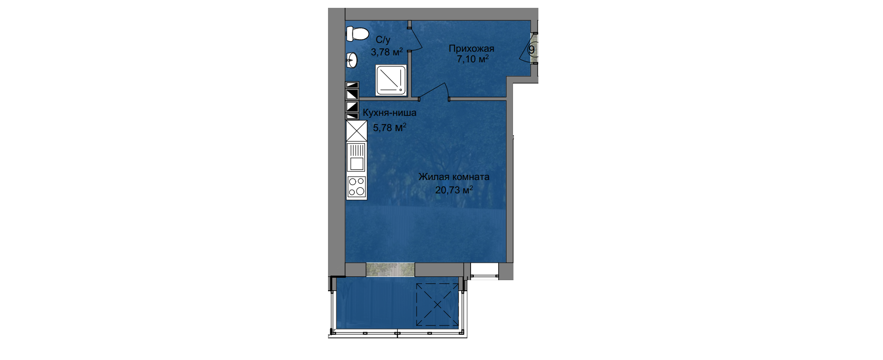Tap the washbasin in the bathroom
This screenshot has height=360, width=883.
click(x=352, y=60)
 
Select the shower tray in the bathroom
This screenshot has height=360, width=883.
click(x=391, y=80)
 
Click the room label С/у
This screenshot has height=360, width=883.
click(x=382, y=40)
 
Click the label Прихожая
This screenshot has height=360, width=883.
click(x=471, y=48)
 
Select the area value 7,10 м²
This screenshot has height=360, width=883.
click(x=472, y=59)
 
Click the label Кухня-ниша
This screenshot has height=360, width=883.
click(x=390, y=113)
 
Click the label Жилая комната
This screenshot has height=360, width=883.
click(x=454, y=177)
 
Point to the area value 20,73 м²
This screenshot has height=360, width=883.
click(x=454, y=189)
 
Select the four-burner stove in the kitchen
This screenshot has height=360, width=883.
click(x=356, y=187)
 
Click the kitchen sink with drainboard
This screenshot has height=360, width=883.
click(x=356, y=157)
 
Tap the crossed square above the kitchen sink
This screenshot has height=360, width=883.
click(x=356, y=130)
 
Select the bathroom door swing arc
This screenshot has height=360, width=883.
click(x=417, y=37)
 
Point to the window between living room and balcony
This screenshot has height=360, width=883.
click(x=390, y=270)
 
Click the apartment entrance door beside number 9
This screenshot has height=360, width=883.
click(x=527, y=48)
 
